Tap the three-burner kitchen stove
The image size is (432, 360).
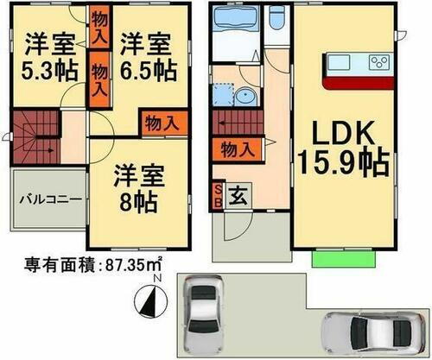coord(380,61)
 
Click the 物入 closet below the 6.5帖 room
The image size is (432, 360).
coord(162,123)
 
